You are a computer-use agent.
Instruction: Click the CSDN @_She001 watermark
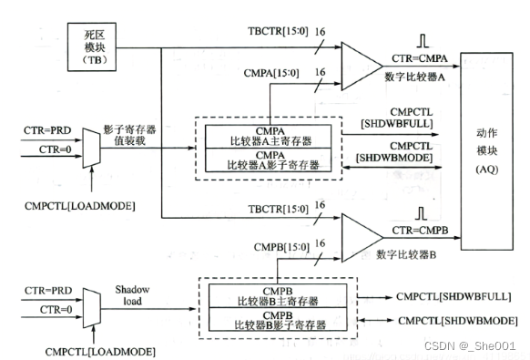(476, 347)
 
